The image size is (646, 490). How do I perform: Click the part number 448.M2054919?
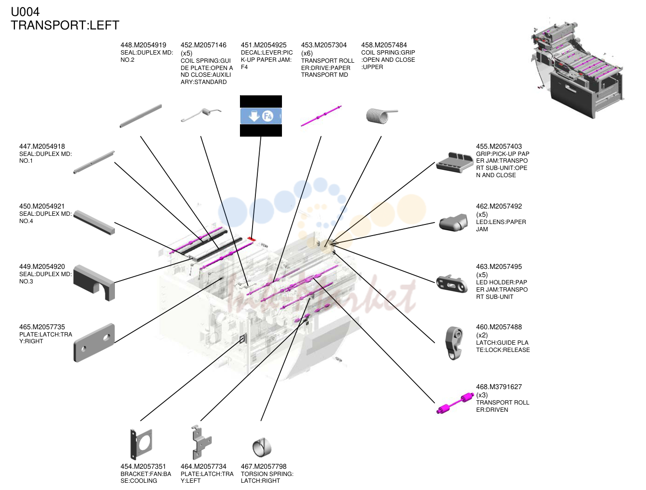tap(143, 45)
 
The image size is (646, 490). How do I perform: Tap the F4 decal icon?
tap(261, 116)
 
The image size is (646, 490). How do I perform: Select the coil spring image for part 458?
tap(382, 115)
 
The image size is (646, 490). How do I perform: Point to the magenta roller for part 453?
tap(321, 116)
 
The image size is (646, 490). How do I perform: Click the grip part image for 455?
tap(450, 162)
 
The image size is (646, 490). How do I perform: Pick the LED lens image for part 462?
tap(453, 223)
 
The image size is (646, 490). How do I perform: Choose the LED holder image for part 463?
tap(452, 284)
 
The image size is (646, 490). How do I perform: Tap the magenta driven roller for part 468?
tap(455, 403)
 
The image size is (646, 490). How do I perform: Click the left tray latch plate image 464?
tap(201, 442)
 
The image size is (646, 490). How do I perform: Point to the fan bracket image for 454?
tap(141, 444)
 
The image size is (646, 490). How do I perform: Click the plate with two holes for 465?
tap(94, 343)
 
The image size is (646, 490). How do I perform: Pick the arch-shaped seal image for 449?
tap(94, 283)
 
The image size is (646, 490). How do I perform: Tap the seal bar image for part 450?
tap(94, 223)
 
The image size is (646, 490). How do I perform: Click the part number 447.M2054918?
tap(42, 146)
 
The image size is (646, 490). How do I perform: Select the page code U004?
tap(25, 12)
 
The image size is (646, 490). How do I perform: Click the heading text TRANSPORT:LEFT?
tap(65, 25)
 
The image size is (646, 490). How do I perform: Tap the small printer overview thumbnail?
tap(577, 70)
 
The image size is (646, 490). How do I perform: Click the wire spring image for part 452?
tap(201, 115)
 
